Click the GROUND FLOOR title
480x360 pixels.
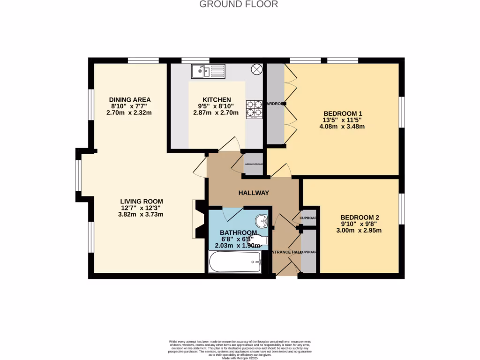pyautogui.click(x=239, y=4)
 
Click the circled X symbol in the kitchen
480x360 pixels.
pyautogui.click(x=257, y=69)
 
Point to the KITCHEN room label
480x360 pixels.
pyautogui.click(x=217, y=100)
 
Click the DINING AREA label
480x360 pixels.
pyautogui.click(x=130, y=100)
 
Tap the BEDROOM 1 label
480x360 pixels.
pyautogui.click(x=343, y=113)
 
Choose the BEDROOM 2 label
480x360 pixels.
pyautogui.click(x=360, y=217)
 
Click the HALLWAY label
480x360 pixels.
pyautogui.click(x=254, y=193)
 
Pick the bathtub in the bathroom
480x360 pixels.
pyautogui.click(x=235, y=262)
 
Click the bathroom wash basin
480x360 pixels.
pyautogui.click(x=262, y=220)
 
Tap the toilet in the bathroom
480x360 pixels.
pyautogui.click(x=259, y=240)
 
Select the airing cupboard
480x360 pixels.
pyautogui.click(x=254, y=164)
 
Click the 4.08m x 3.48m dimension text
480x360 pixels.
pyautogui.click(x=342, y=127)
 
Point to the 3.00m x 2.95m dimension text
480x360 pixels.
pyautogui.click(x=359, y=230)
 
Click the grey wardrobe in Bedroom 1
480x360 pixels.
pyautogui.click(x=276, y=104)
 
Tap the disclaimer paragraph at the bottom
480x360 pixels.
pyautogui.click(x=240, y=349)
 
